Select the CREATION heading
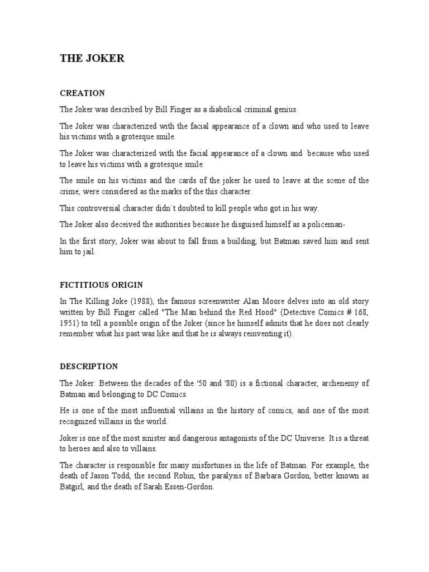click(x=82, y=93)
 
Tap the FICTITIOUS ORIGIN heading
click(x=102, y=285)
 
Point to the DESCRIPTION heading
click(x=89, y=366)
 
